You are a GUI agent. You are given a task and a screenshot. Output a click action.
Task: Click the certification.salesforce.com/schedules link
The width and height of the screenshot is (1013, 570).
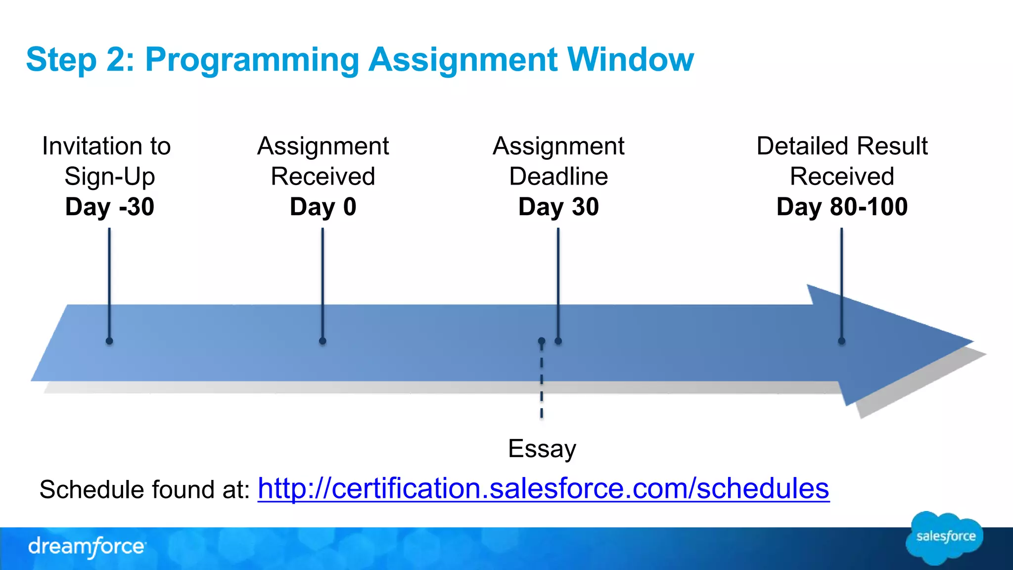[543, 489]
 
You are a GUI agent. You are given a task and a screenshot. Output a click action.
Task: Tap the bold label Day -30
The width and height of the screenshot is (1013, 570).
[110, 206]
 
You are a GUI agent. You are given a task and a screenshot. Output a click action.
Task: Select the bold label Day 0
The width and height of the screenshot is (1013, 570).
[323, 206]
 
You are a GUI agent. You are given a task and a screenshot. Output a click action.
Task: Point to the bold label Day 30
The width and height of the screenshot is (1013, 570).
[558, 206]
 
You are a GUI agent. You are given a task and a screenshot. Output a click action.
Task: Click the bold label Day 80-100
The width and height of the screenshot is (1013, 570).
[842, 206]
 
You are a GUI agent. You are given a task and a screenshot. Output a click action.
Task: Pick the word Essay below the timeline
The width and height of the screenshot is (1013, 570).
[542, 449]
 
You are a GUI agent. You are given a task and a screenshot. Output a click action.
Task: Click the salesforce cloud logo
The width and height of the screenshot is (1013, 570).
[945, 537]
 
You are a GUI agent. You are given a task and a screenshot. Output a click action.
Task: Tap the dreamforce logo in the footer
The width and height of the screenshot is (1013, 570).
[87, 547]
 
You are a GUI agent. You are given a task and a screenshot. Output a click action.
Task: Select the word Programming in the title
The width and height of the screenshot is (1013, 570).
[252, 59]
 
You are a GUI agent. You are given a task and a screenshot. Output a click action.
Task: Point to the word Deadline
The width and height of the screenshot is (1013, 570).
[558, 176]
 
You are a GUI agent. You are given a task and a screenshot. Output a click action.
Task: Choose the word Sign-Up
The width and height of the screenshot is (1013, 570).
[110, 177]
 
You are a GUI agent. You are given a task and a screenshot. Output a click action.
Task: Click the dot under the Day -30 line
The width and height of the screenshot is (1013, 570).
[109, 341]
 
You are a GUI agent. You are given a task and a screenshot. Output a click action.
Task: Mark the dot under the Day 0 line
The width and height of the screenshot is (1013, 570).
[322, 341]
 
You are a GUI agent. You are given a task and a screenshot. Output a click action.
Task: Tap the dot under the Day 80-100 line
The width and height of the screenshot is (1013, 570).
[841, 341]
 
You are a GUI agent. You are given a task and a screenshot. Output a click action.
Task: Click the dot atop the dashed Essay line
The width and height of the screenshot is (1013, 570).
[542, 341]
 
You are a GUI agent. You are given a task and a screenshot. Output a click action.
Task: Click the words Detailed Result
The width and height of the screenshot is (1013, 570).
[842, 146]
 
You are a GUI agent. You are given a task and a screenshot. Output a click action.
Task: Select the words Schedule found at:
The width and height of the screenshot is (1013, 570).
[145, 489]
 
